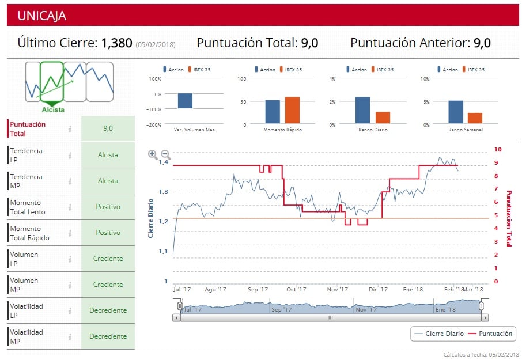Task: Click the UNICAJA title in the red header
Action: pyautogui.click(x=41, y=16)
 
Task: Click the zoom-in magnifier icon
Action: pyautogui.click(x=153, y=154)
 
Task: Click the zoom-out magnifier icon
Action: pyautogui.click(x=165, y=154)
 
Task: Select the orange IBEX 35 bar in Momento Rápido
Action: pyautogui.click(x=293, y=110)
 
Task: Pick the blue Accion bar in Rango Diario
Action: pyautogui.click(x=362, y=110)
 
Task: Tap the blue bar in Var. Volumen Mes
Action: pyautogui.click(x=185, y=101)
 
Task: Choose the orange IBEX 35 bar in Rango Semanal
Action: pyautogui.click(x=475, y=118)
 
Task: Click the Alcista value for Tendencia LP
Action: pyautogui.click(x=108, y=155)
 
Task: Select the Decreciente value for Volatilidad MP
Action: pyautogui.click(x=108, y=336)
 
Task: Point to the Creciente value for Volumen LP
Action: pyautogui.click(x=108, y=259)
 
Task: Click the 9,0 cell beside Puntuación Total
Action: pyautogui.click(x=108, y=128)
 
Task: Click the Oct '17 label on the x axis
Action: pyautogui.click(x=296, y=290)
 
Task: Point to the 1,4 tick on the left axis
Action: pyautogui.click(x=164, y=162)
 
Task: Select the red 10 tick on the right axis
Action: pyautogui.click(x=498, y=150)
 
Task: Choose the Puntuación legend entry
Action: pyautogui.click(x=489, y=334)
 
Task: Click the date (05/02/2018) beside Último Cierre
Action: pyautogui.click(x=156, y=44)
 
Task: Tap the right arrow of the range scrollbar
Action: pyautogui.click(x=486, y=317)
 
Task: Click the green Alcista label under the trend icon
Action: pyautogui.click(x=53, y=109)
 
